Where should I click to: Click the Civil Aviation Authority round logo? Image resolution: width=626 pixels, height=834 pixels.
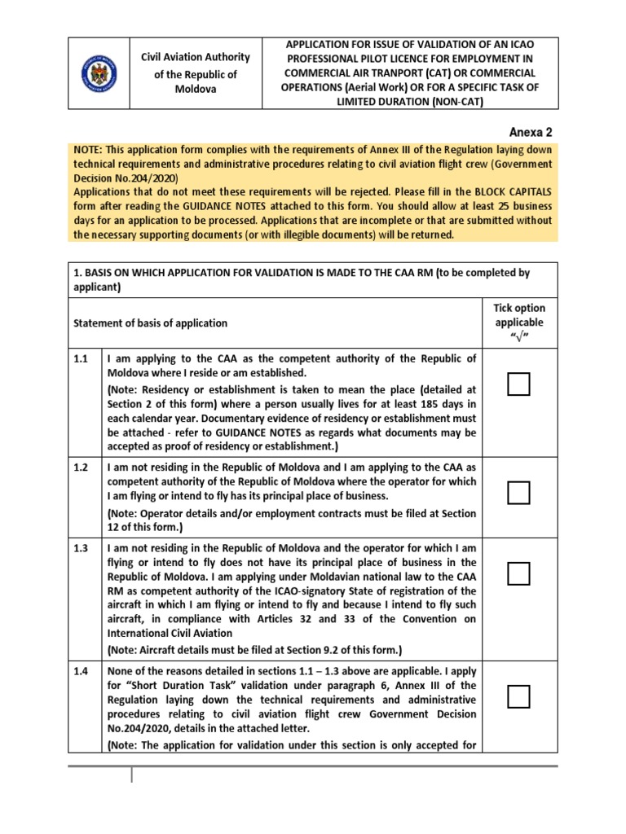coord(99,73)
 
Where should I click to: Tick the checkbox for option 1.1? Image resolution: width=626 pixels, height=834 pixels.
coord(518,384)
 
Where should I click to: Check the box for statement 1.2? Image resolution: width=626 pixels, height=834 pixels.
coord(518,493)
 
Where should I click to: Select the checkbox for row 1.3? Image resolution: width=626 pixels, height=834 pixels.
coord(518,573)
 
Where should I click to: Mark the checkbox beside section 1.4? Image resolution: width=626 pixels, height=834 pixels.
coord(518,697)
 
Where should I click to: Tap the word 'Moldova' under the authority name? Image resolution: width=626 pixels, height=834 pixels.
coord(196,89)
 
